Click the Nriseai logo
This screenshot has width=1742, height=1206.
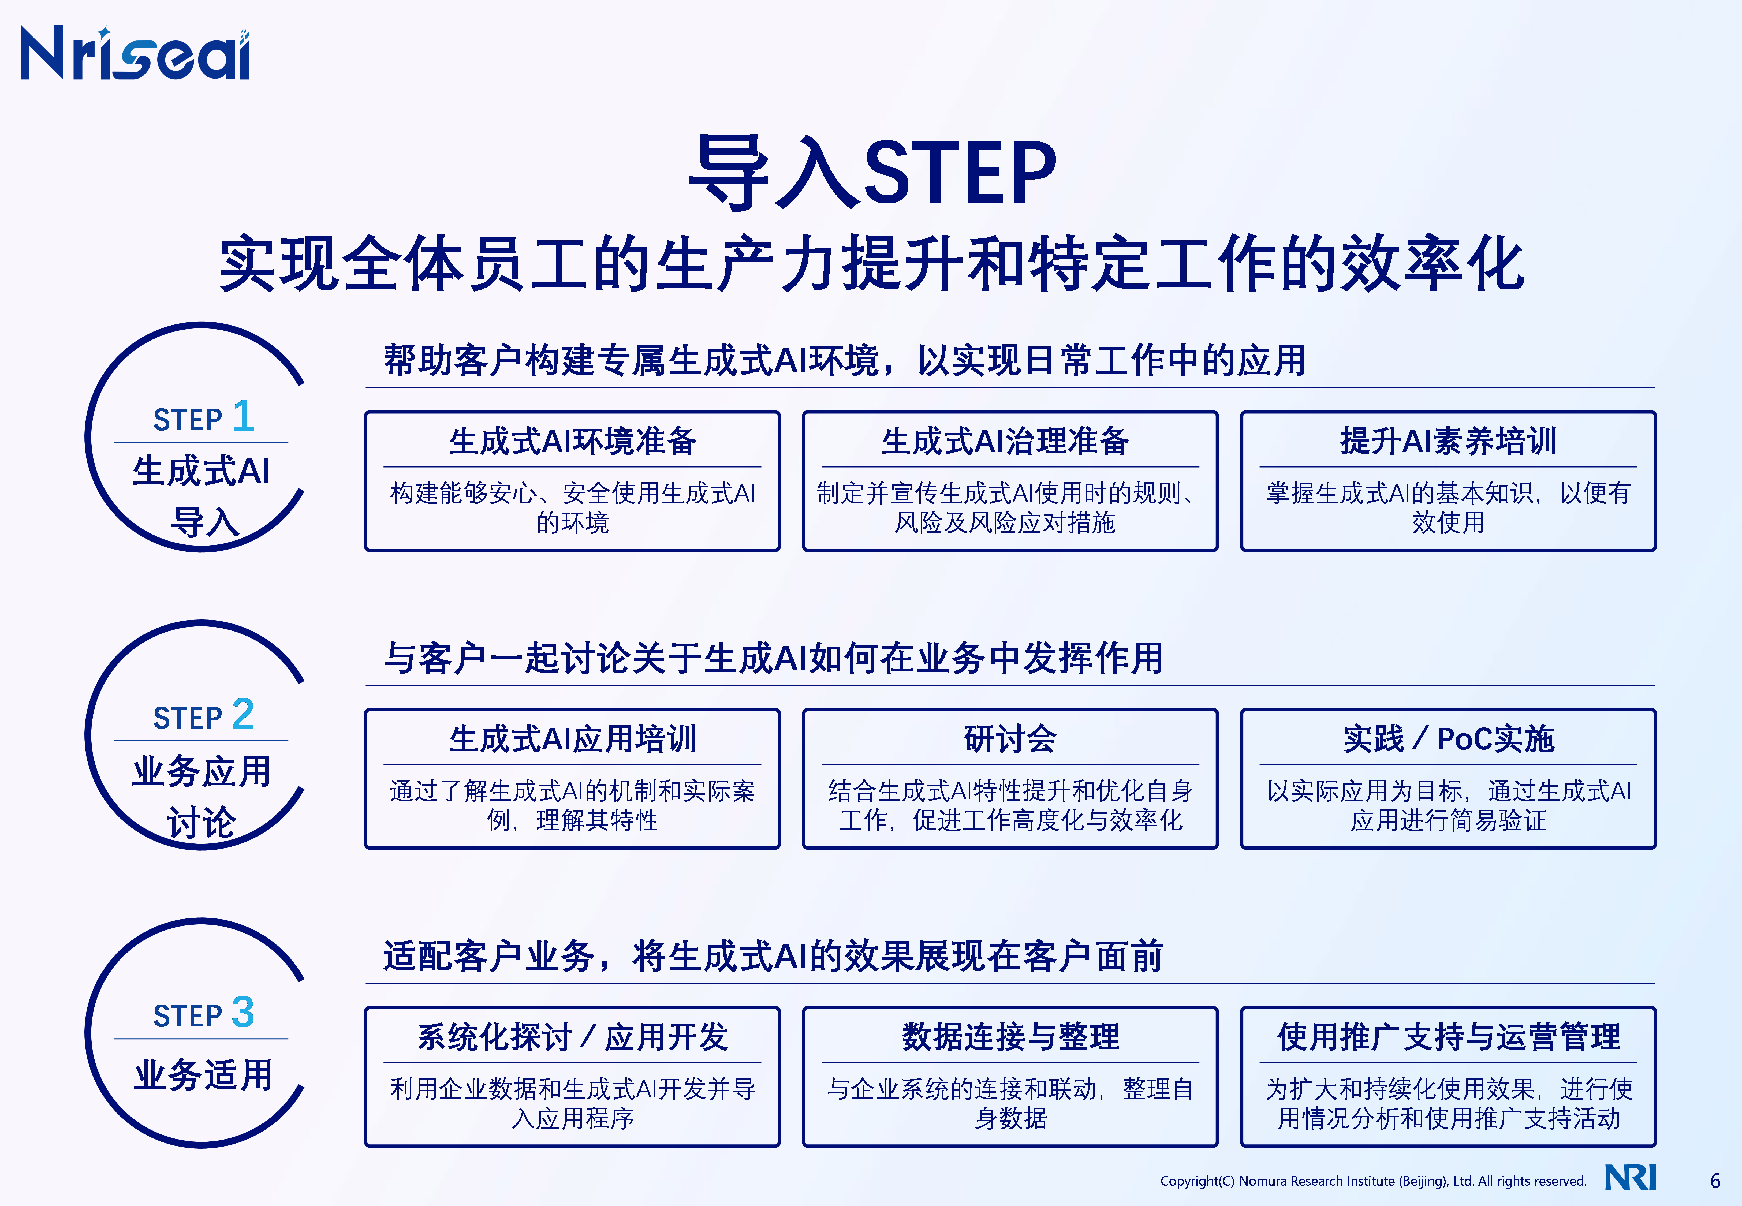(135, 53)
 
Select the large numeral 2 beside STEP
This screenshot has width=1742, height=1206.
(243, 714)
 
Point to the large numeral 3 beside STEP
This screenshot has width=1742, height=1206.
(243, 1012)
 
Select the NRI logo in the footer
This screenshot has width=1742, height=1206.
(1630, 1177)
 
